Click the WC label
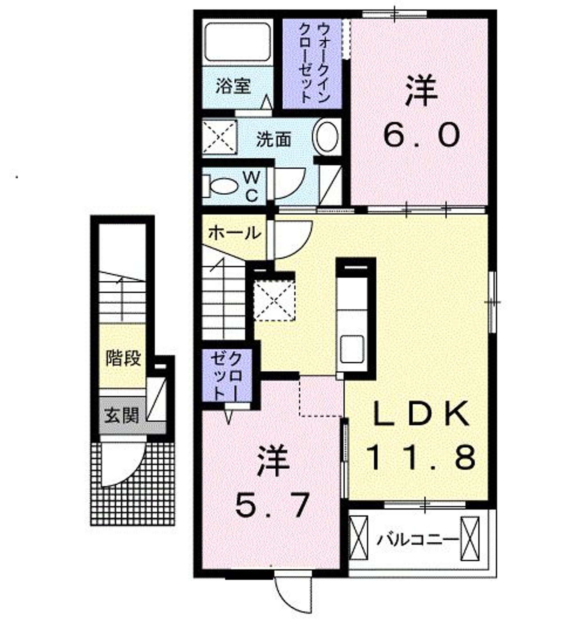click(252, 187)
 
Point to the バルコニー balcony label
click(418, 539)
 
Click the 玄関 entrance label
click(122, 415)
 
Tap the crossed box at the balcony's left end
click(358, 539)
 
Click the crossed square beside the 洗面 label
click(219, 137)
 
